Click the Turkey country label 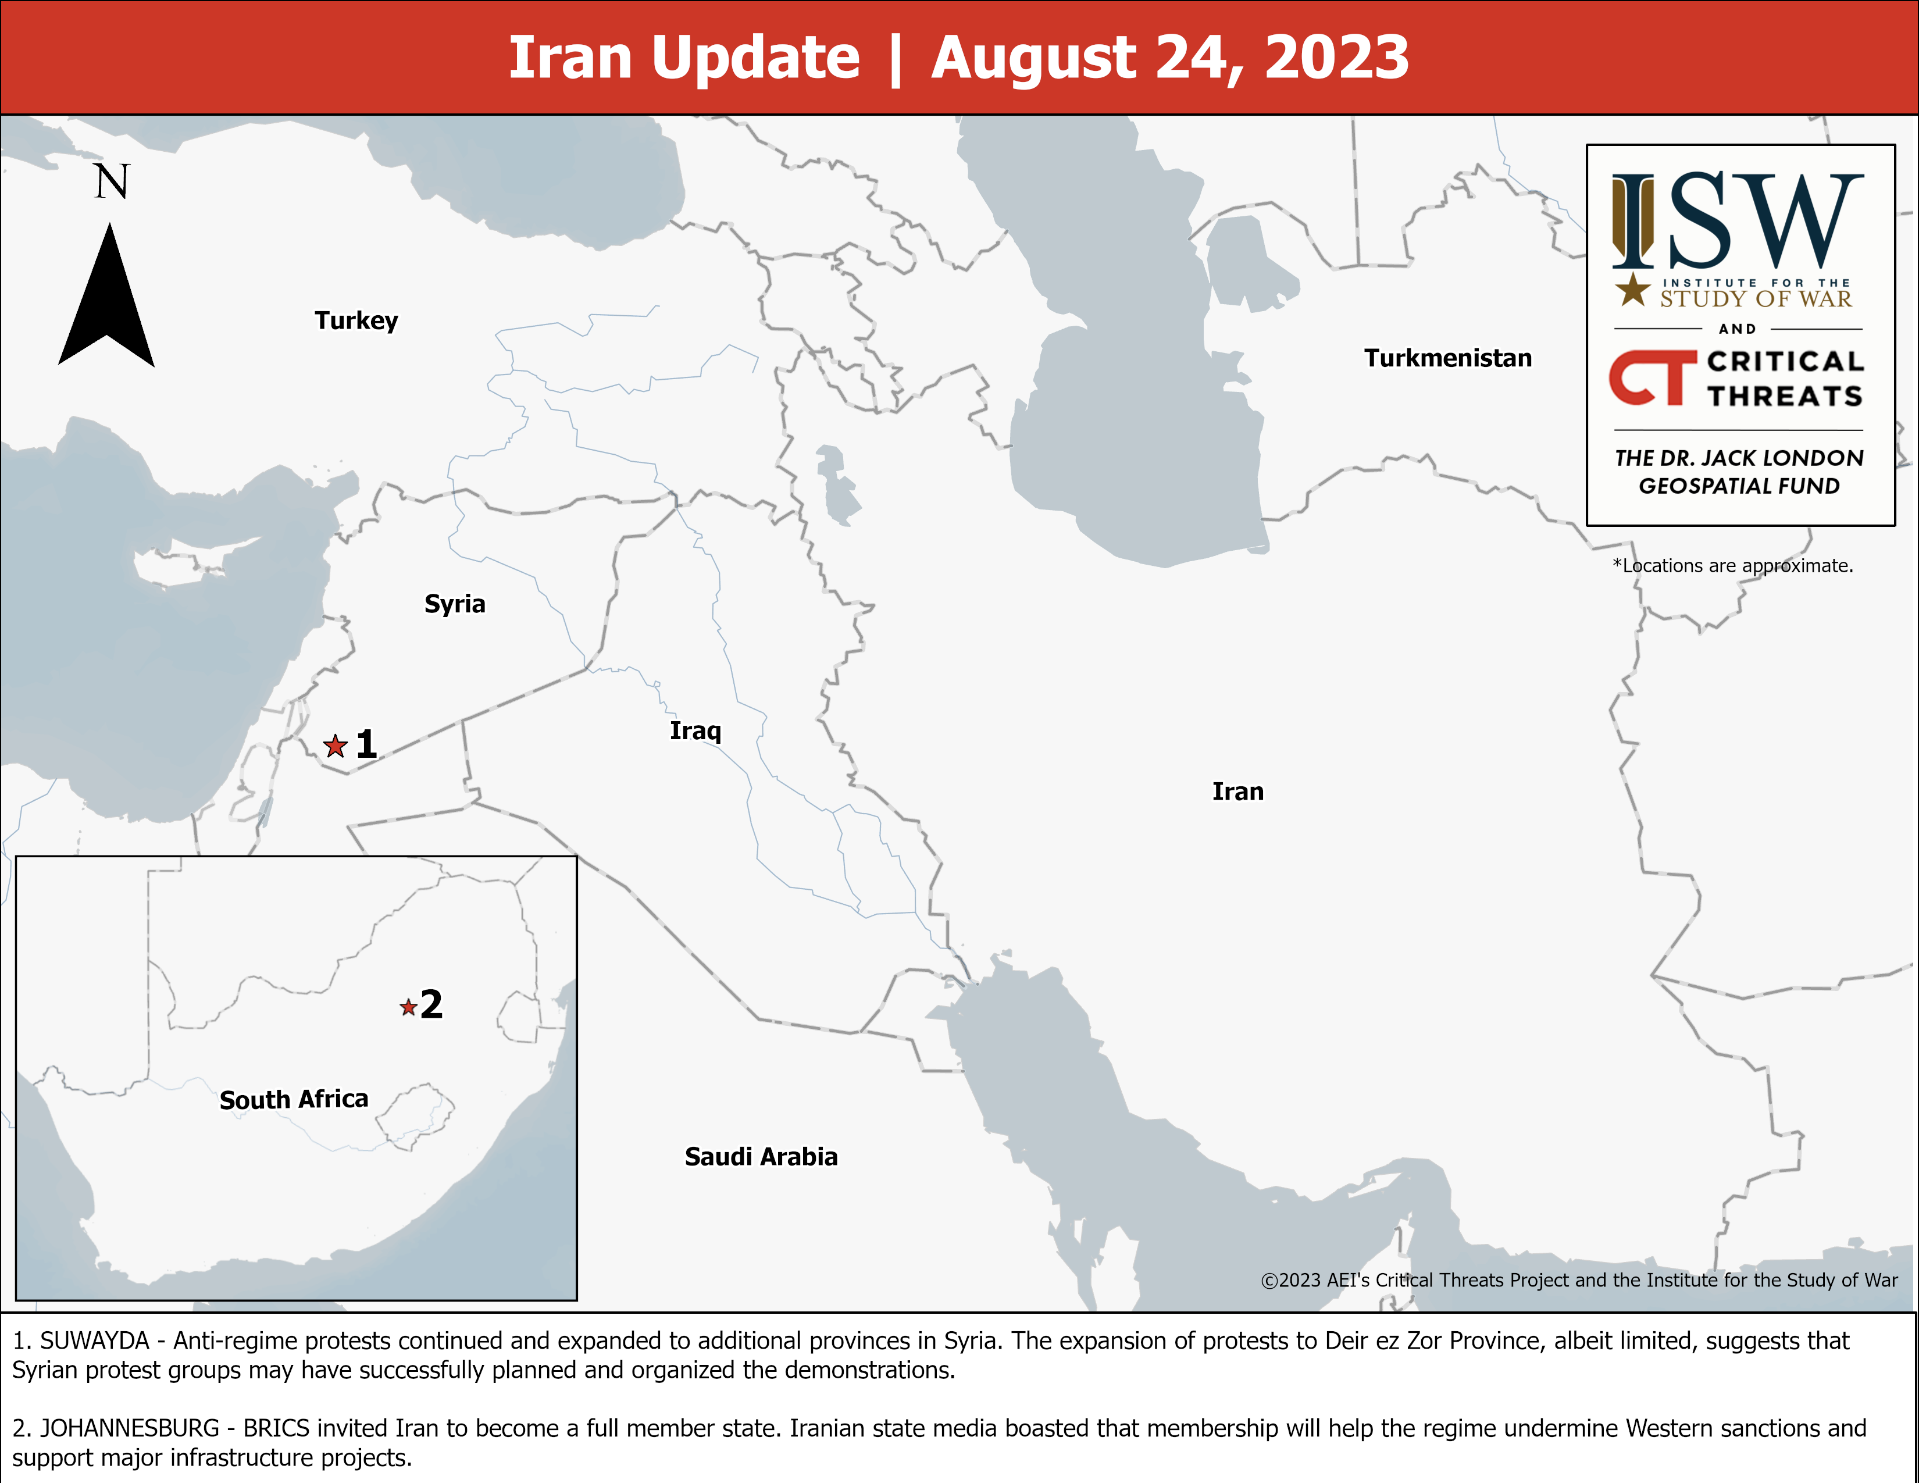click(356, 320)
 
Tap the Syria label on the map click(454, 604)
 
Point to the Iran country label click(1237, 792)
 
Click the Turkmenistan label click(1447, 358)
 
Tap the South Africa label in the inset click(294, 1099)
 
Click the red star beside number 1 click(335, 746)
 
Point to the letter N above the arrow click(112, 182)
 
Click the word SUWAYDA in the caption click(95, 1341)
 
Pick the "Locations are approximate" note click(1733, 566)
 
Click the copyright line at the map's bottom click(1578, 1280)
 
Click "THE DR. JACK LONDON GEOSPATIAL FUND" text click(1739, 472)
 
